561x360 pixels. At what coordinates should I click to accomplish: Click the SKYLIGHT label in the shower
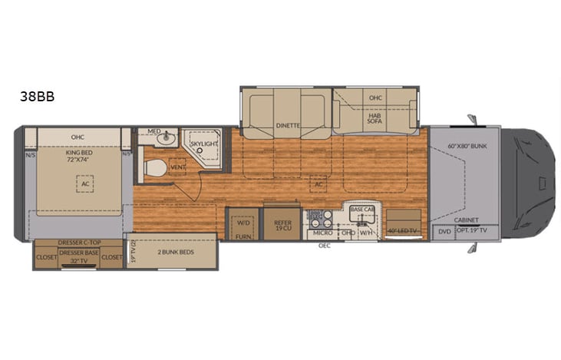203,144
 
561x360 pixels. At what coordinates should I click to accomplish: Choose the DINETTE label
287,125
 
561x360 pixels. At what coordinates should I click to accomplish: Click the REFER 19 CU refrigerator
282,226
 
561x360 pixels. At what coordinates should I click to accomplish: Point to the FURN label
243,238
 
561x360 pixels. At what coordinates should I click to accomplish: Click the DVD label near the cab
444,231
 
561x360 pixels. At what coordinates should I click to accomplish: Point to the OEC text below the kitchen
325,247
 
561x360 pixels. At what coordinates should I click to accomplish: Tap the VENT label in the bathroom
178,167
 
